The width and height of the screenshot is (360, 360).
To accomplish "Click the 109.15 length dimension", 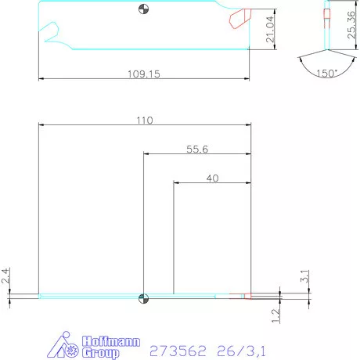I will point(144,74).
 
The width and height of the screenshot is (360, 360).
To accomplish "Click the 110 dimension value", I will point(145,121).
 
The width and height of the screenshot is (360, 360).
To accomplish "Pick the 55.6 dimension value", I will point(196,149).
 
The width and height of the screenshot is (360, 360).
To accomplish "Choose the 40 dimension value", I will point(212,178).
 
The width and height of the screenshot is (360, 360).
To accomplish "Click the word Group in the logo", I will point(102,353).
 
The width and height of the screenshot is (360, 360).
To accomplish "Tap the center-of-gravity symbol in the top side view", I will point(142,9).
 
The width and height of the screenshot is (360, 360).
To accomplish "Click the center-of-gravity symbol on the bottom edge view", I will point(142,297).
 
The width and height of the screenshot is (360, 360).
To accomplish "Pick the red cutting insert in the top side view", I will point(238,16).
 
